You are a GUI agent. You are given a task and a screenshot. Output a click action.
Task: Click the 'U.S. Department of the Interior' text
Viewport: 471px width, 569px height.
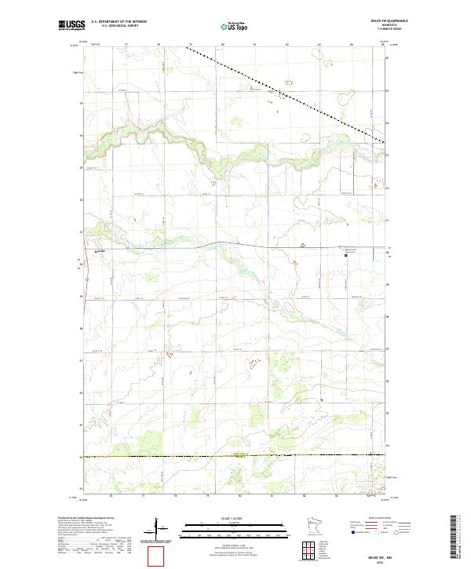pyautogui.click(x=119, y=22)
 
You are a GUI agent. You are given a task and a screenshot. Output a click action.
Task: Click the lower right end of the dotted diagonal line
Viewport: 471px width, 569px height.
pyautogui.click(x=385, y=142)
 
